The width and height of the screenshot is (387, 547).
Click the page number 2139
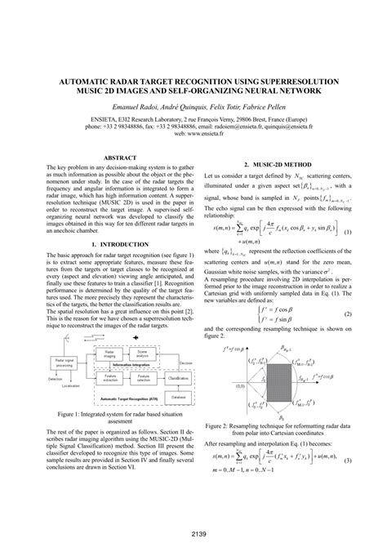pyautogui.click(x=193, y=535)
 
